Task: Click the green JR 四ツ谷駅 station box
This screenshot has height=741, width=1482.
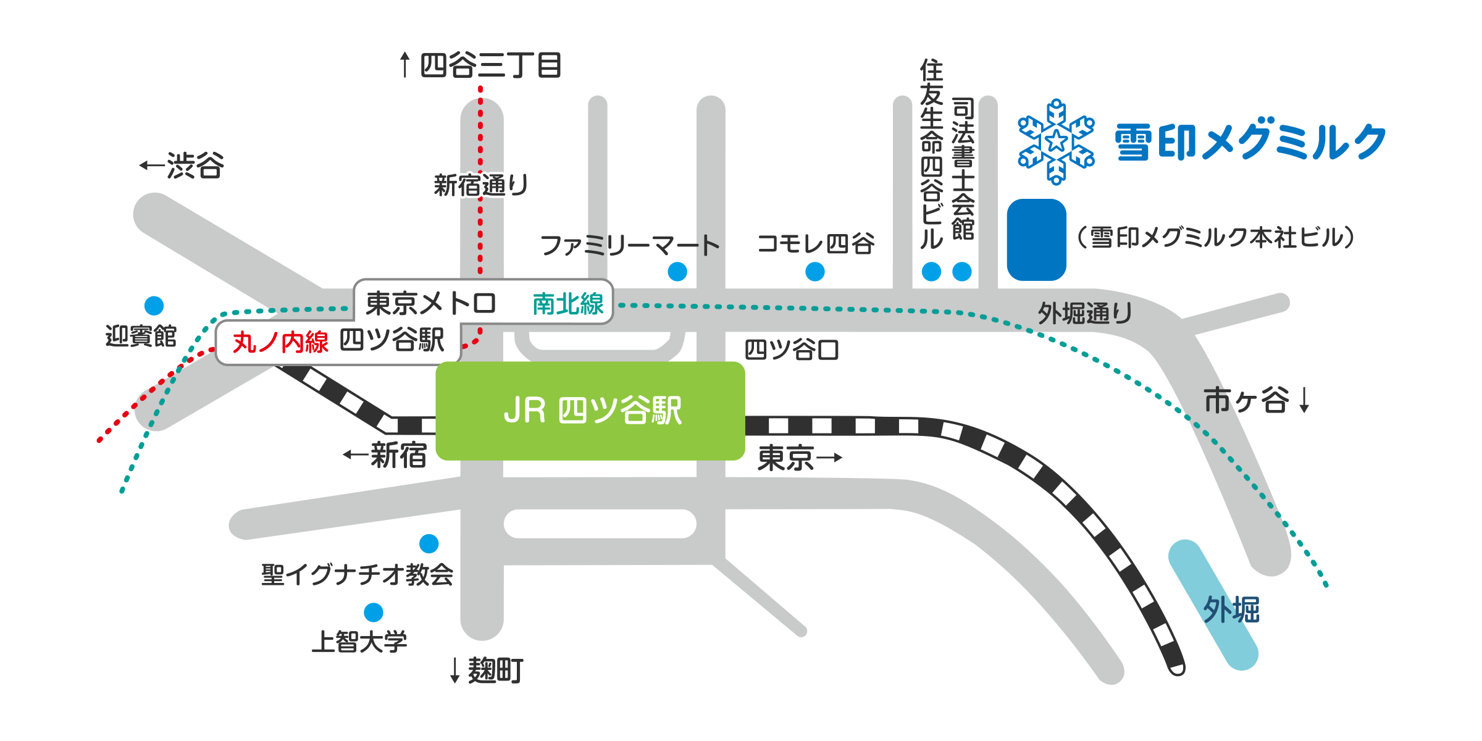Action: click(590, 411)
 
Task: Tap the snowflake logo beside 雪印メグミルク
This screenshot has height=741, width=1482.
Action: click(1056, 141)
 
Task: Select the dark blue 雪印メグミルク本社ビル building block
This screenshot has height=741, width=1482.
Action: click(1036, 240)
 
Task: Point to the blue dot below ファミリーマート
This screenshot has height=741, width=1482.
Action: click(677, 272)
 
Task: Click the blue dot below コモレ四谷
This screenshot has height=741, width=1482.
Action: click(815, 272)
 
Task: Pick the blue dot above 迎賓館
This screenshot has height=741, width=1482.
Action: click(154, 306)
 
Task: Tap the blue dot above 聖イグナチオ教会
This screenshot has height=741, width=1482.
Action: click(429, 543)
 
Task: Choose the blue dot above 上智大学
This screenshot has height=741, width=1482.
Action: click(374, 612)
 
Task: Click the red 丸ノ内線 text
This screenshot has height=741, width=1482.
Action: click(280, 341)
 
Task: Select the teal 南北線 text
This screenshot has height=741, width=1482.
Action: click(567, 304)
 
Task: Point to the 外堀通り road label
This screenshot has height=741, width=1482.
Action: click(1085, 314)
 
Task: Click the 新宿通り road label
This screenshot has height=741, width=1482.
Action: click(481, 185)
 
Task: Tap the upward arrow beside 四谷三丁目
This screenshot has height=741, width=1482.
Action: click(404, 65)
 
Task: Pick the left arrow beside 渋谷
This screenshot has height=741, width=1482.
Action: click(151, 165)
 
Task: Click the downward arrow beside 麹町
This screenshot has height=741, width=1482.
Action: click(455, 671)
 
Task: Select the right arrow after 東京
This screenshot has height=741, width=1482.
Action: click(829, 458)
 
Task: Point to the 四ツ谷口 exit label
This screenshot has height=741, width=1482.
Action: click(791, 350)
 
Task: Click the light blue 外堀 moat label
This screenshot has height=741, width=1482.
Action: click(1231, 610)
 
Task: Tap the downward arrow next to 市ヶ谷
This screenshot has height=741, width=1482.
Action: click(1304, 400)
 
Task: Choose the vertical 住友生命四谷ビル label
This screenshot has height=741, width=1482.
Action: click(931, 154)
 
